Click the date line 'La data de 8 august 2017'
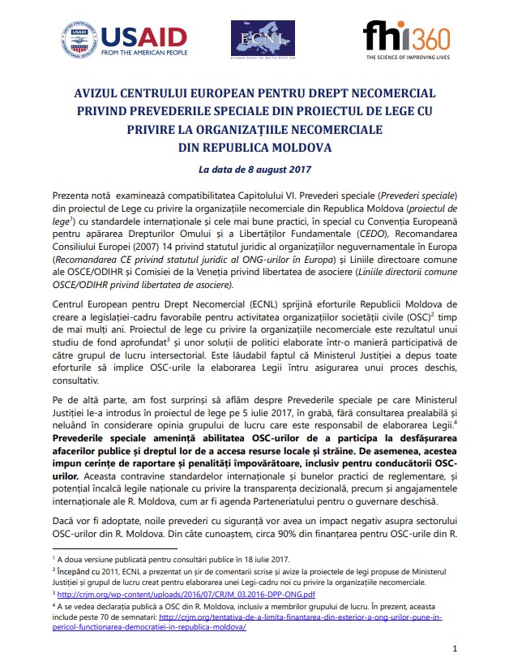(x=254, y=170)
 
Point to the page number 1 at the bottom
(x=456, y=648)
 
